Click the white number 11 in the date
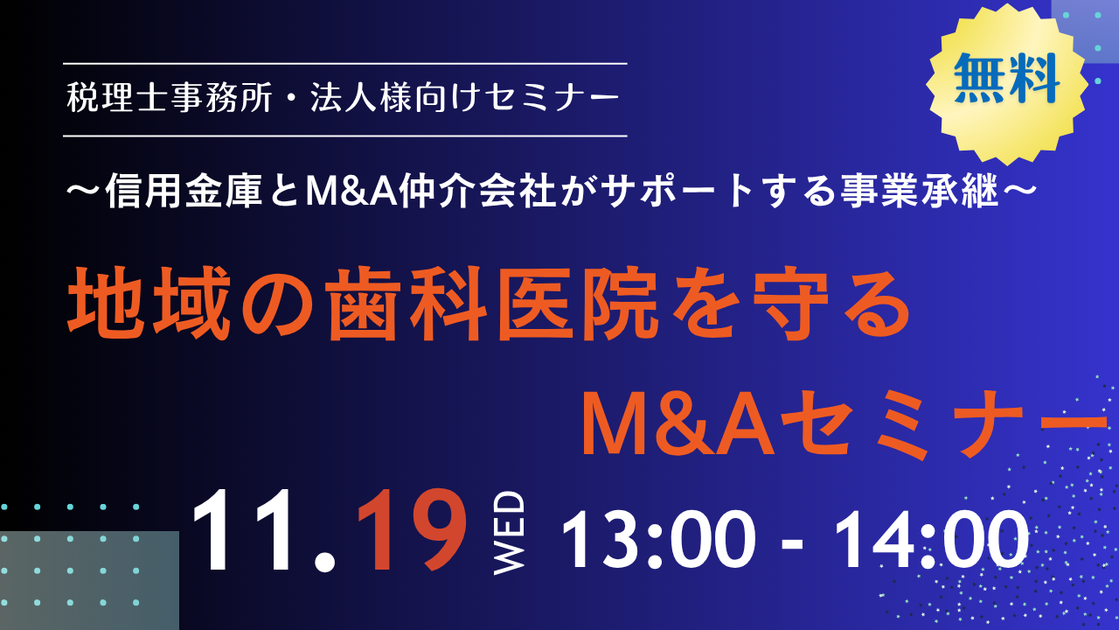click(241, 530)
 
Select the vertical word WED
click(509, 533)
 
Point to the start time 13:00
click(658, 540)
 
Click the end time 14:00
click(931, 540)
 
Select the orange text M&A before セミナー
click(678, 424)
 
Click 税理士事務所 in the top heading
click(170, 97)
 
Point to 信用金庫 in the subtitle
click(184, 191)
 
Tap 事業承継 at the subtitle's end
click(919, 191)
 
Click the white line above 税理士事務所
click(345, 64)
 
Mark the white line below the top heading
click(345, 136)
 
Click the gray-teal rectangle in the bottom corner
click(89, 580)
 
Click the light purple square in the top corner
click(1085, 31)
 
